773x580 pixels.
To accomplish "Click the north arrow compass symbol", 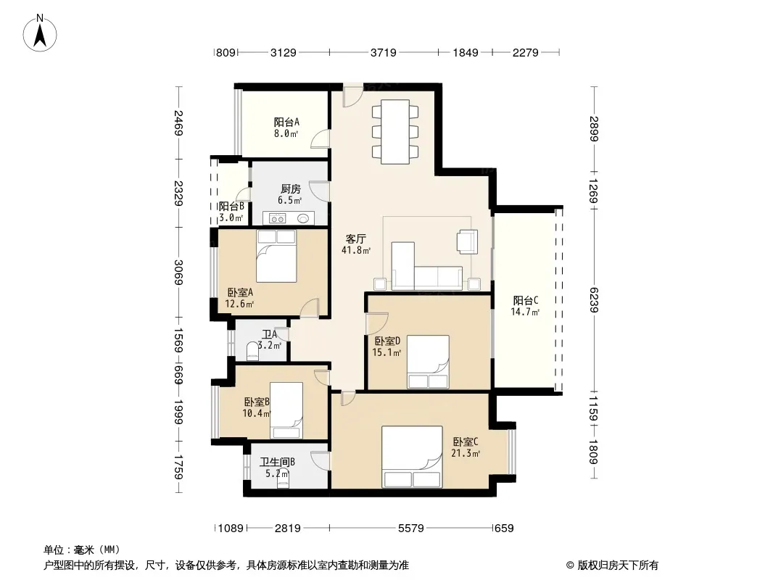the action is pyautogui.click(x=40, y=33).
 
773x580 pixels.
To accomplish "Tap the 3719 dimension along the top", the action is pyautogui.click(x=383, y=52).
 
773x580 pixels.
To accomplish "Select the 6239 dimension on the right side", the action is pyautogui.click(x=593, y=299).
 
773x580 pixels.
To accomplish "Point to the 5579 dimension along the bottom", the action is pyautogui.click(x=410, y=529).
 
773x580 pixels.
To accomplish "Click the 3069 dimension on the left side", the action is pyautogui.click(x=178, y=272).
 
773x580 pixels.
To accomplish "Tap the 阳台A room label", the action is pyautogui.click(x=286, y=122).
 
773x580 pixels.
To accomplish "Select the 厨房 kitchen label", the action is pyautogui.click(x=290, y=188).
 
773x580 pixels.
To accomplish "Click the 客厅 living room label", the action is pyautogui.click(x=355, y=239).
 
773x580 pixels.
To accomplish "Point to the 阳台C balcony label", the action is pyautogui.click(x=526, y=300).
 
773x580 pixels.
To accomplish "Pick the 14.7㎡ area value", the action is pyautogui.click(x=525, y=312).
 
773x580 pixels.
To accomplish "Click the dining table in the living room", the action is pyautogui.click(x=395, y=131).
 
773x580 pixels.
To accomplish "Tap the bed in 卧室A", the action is pyautogui.click(x=276, y=256).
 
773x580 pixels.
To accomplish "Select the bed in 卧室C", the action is pyautogui.click(x=412, y=457).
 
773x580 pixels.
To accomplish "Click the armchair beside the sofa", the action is pyautogui.click(x=467, y=242).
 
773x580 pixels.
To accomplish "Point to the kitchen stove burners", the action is pyautogui.click(x=278, y=217).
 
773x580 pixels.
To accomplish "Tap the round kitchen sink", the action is pyautogui.click(x=303, y=217).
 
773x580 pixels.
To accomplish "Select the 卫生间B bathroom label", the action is pyautogui.click(x=278, y=463).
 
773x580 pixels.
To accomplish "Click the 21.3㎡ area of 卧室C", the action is pyautogui.click(x=466, y=453).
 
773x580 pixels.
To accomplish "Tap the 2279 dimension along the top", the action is pyautogui.click(x=526, y=52).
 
